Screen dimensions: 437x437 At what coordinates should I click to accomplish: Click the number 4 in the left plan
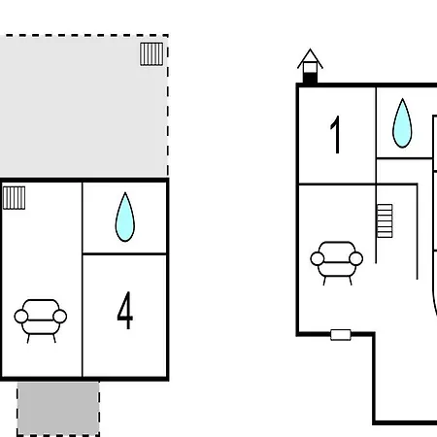(125, 310)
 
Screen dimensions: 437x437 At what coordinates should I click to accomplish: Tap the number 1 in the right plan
(336, 134)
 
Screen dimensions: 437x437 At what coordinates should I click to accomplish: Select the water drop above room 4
(125, 217)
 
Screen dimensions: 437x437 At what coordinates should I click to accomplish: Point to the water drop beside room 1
(402, 123)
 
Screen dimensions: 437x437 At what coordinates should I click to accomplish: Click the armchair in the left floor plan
(41, 320)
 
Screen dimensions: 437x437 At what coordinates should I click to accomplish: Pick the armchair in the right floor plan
(337, 263)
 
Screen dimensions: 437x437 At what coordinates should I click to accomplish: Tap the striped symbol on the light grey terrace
(151, 54)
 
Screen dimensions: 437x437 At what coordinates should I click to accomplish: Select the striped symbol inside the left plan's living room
(14, 198)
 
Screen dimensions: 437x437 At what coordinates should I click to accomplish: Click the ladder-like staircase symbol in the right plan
(385, 220)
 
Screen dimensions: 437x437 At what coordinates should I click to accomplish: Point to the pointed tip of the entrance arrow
(310, 50)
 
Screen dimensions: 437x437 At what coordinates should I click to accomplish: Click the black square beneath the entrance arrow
(310, 79)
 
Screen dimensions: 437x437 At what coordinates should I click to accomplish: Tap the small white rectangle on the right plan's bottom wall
(341, 335)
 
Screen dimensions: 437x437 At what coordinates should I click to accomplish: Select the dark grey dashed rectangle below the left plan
(58, 409)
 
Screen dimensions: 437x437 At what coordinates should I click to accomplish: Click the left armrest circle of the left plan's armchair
(21, 317)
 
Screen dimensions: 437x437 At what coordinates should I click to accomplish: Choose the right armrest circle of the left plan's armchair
(60, 317)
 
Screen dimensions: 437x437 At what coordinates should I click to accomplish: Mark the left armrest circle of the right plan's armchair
(318, 258)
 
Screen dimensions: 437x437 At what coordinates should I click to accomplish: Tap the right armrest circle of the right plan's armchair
(356, 258)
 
